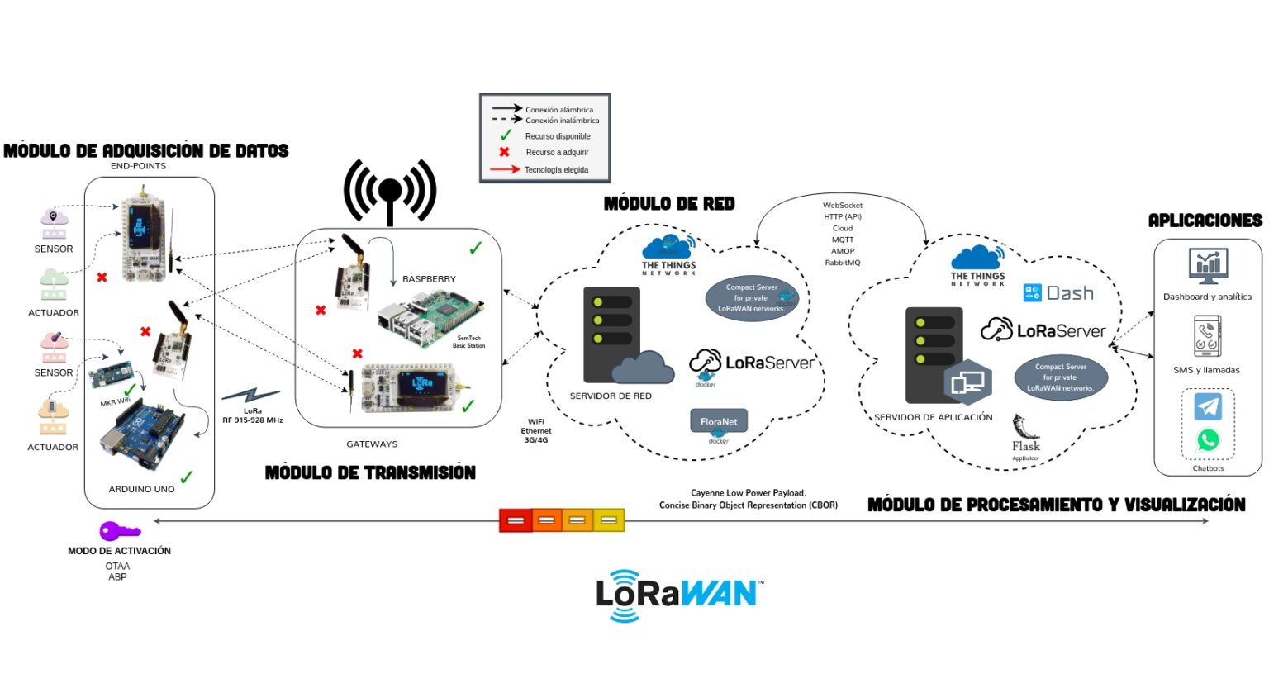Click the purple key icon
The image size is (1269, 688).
(x=119, y=531)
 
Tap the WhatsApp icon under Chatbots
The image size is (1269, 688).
(x=1208, y=440)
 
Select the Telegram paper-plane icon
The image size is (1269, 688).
(x=1208, y=406)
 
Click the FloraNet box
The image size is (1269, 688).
(x=719, y=421)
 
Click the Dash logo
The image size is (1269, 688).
(x=1058, y=293)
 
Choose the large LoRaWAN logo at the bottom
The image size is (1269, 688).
(x=677, y=595)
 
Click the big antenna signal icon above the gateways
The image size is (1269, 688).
(x=389, y=192)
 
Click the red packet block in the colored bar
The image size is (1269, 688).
(x=516, y=520)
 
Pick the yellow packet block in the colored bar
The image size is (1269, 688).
(x=609, y=520)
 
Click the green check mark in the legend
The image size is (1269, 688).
(x=506, y=135)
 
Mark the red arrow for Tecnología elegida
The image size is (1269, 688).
(x=505, y=169)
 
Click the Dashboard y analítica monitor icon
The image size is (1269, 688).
(x=1208, y=266)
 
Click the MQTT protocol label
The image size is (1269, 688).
(x=843, y=240)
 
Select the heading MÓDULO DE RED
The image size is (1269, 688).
(x=669, y=203)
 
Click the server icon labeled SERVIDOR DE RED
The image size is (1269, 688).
(x=612, y=334)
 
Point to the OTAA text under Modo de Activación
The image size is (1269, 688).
(x=117, y=566)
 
